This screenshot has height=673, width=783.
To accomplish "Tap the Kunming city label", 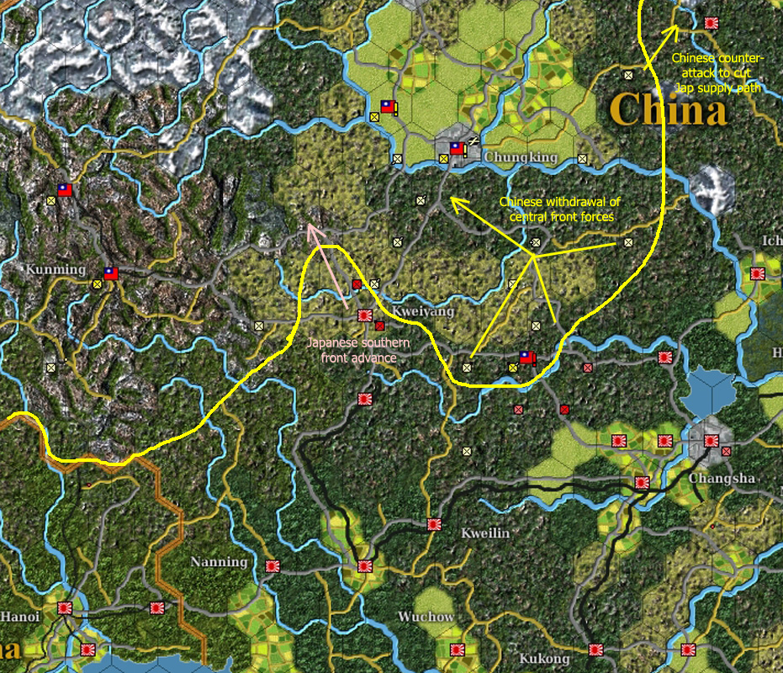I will coord(56,269).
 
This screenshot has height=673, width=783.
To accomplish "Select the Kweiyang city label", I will coord(423,311).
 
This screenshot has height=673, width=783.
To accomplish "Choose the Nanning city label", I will coord(219,561).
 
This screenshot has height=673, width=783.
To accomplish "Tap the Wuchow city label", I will coord(426,617).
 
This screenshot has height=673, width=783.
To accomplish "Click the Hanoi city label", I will coord(19,617).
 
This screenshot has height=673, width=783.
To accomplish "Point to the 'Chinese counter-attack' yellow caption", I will coord(717,73).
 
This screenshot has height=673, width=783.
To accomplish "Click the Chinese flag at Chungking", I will coord(456,149).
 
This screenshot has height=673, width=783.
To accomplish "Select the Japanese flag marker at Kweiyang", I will coord(365,315).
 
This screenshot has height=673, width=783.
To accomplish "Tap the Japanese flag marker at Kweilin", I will coord(434,524).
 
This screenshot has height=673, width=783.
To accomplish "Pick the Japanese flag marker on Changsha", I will coord(711,440).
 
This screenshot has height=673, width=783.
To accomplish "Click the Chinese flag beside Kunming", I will coord(110,273).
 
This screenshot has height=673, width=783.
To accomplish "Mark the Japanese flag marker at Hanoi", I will coord(65,607).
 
